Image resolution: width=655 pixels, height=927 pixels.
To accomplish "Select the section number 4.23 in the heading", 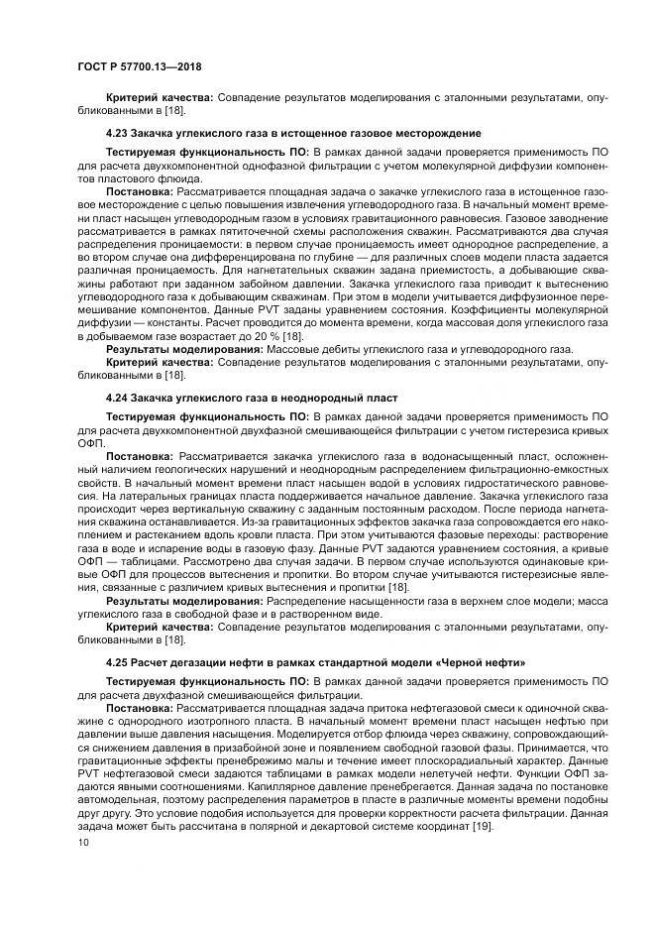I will pos(118,132).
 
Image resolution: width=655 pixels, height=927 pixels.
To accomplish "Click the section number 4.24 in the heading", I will pos(118,398).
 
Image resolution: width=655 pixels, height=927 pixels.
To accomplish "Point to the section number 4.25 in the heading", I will pos(118,660).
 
